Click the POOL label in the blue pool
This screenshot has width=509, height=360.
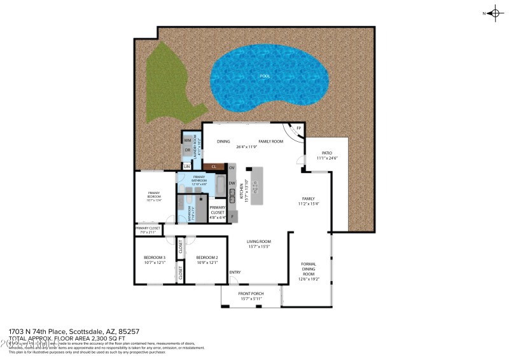click(263, 76)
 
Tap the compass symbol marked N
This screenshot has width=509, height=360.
click(495, 13)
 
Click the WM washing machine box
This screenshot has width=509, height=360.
click(188, 140)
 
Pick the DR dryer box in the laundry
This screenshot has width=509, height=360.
click(188, 151)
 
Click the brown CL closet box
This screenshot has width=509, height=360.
click(214, 167)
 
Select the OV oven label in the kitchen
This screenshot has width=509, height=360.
click(232, 167)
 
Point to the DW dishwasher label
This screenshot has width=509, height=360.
click(232, 184)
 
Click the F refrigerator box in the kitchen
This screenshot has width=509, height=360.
click(233, 217)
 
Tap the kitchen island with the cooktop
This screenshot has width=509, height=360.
click(256, 186)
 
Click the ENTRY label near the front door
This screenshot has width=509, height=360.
click(235, 273)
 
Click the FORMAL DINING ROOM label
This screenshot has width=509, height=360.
click(309, 269)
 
